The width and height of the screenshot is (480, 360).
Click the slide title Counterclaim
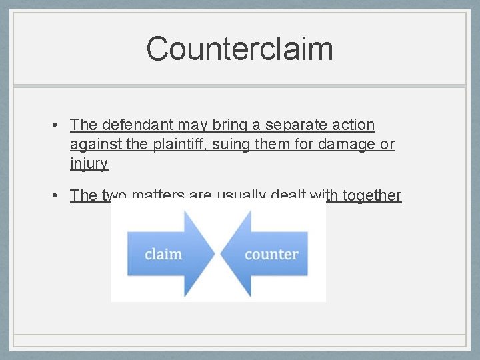pos(239,49)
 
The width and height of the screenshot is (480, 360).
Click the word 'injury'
pos(89,163)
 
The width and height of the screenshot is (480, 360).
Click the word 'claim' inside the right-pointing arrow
pos(163,254)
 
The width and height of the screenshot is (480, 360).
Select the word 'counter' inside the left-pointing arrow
pos(271,254)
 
